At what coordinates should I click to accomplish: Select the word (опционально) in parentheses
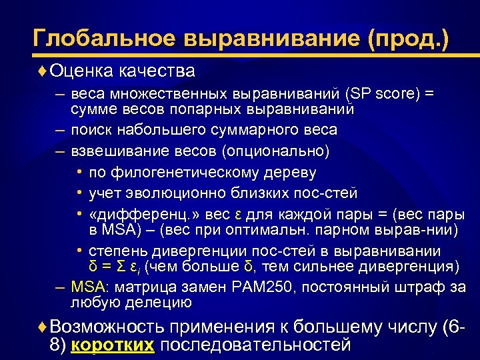pos(283,151)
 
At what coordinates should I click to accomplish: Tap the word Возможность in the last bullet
pos(107,327)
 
